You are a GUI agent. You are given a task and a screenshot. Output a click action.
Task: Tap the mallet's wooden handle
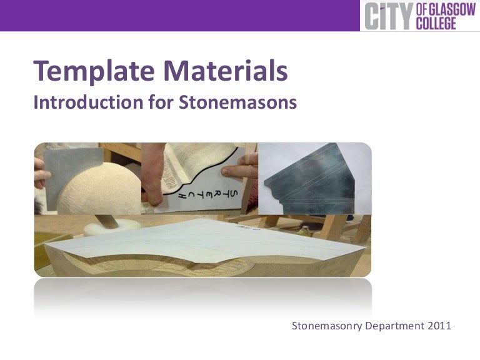coord(107,219)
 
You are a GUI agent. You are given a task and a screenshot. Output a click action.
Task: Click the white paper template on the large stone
coord(206,241)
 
